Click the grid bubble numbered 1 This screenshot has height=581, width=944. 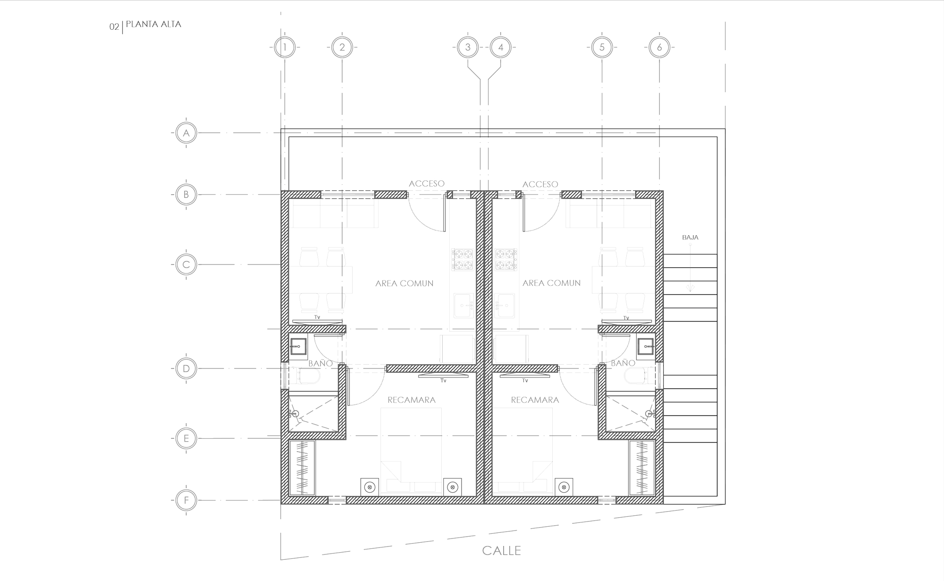click(285, 47)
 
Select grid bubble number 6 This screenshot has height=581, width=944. click(659, 47)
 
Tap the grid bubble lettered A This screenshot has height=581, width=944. click(186, 133)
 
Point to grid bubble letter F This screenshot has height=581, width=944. click(186, 501)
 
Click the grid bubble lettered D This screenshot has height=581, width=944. click(186, 368)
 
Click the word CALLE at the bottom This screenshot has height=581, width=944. click(501, 551)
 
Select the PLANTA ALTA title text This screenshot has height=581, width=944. click(153, 25)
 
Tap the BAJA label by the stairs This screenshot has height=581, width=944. click(690, 238)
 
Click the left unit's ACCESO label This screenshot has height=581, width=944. click(427, 184)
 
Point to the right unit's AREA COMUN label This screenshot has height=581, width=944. click(551, 283)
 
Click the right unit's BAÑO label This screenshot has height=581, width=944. click(623, 363)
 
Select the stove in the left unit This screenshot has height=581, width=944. click(463, 260)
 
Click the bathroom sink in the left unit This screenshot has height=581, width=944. click(298, 347)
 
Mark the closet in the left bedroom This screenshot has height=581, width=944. click(302, 468)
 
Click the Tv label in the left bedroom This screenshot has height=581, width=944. click(443, 380)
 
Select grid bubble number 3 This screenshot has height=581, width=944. click(468, 47)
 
